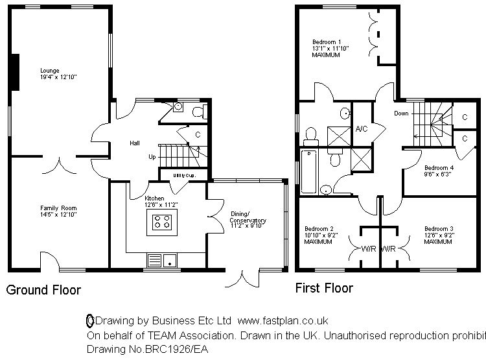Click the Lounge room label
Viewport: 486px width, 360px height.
[x=49, y=70]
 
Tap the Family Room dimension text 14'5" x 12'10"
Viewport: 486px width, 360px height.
[x=58, y=214]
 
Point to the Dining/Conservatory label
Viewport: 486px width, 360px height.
[x=248, y=217]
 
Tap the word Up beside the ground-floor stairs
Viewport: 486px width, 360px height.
[x=152, y=157]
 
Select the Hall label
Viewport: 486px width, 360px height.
[x=134, y=143]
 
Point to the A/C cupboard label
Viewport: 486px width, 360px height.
[x=362, y=128]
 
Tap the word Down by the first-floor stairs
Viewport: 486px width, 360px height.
[x=401, y=113]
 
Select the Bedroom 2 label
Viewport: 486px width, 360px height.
[x=319, y=229]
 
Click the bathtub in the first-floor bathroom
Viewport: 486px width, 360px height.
[x=309, y=171]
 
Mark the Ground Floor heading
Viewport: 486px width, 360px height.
[x=43, y=290]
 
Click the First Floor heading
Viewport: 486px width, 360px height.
[x=324, y=288]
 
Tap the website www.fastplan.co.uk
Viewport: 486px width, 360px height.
[x=283, y=320]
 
